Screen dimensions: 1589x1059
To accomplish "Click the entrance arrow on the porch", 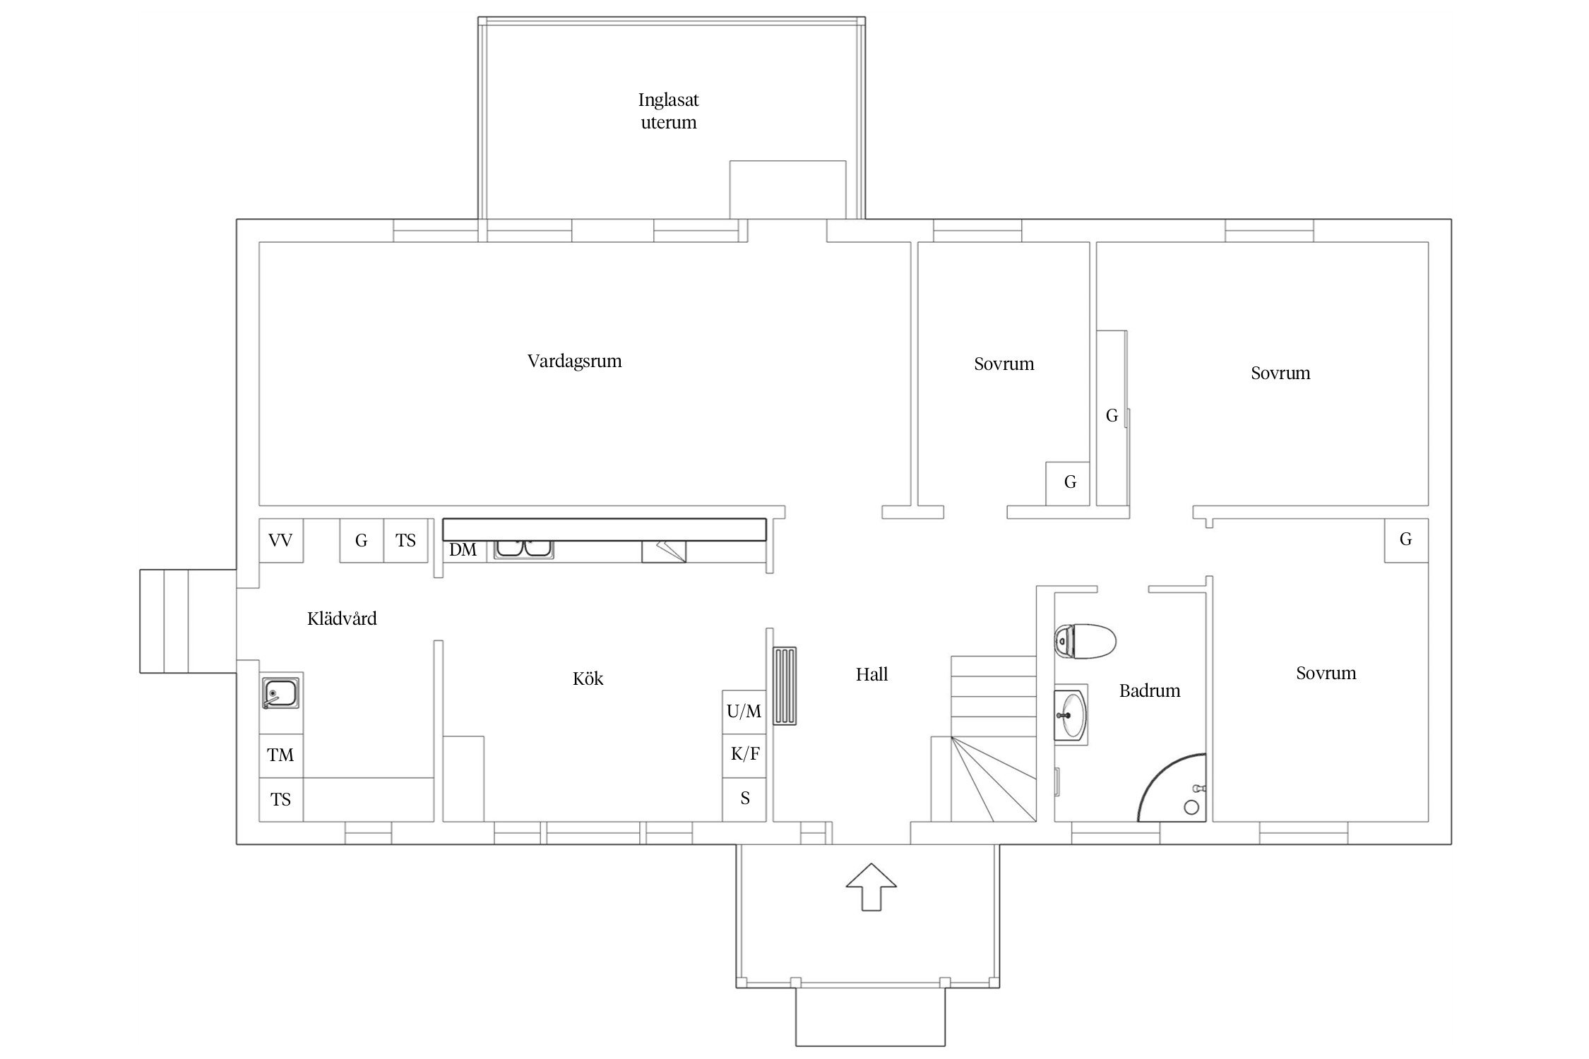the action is [871, 887].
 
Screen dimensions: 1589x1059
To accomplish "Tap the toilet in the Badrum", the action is [1085, 641].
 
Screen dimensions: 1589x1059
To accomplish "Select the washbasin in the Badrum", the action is [1071, 714].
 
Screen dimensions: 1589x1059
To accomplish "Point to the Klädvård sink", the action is [280, 693].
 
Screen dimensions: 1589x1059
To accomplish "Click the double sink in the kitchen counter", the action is [523, 549].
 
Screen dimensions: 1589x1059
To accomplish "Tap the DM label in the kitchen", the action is [463, 550].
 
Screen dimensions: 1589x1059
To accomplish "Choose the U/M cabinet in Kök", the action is [744, 712].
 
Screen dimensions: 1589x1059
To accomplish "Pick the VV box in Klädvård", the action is [281, 541].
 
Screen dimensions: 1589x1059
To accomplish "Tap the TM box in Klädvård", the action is [281, 756].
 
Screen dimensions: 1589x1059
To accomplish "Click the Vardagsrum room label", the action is [575, 361].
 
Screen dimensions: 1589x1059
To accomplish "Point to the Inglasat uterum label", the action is [669, 111].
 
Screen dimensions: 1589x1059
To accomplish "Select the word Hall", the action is [872, 674].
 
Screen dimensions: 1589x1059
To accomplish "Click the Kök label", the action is [588, 678].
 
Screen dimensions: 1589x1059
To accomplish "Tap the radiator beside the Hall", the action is [785, 686].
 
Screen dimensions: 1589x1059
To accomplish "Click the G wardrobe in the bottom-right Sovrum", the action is [1406, 541].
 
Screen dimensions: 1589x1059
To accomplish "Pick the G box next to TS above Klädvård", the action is [362, 541].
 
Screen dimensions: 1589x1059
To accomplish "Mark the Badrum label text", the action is [1150, 690].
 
